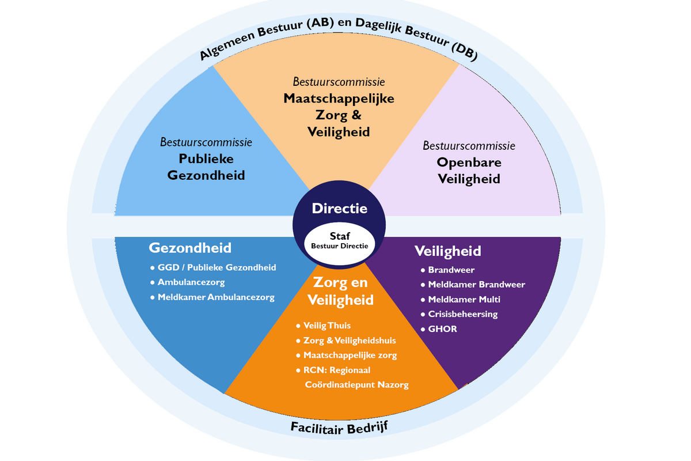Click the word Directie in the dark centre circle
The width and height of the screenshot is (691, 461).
339,209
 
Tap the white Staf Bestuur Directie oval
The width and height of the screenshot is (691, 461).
339,244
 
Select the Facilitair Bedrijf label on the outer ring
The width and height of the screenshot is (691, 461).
339,428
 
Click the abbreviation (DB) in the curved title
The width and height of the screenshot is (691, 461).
464,51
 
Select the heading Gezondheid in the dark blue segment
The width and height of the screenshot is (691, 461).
190,248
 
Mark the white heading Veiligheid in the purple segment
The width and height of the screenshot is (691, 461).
447,251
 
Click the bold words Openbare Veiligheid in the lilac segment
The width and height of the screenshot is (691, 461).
469,171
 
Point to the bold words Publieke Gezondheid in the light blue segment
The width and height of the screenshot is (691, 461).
206,167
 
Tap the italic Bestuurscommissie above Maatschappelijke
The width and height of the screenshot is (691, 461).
339,82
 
